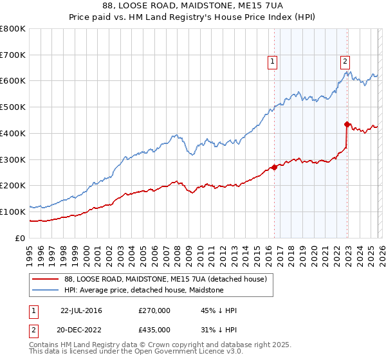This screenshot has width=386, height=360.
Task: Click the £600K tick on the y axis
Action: [x=13, y=81]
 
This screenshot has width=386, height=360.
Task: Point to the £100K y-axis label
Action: [x=13, y=212]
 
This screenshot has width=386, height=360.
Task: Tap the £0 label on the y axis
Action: [x=21, y=238]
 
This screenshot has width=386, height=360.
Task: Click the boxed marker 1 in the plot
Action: [x=273, y=62]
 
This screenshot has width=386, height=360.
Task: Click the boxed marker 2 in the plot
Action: [x=345, y=62]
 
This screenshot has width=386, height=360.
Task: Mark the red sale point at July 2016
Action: [x=274, y=167]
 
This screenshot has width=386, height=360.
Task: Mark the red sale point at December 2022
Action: [x=347, y=123]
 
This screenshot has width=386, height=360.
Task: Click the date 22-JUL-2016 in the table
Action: [x=81, y=310]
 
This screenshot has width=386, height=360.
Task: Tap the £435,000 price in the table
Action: [x=154, y=329]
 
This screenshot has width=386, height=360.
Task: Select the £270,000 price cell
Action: [x=154, y=310]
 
